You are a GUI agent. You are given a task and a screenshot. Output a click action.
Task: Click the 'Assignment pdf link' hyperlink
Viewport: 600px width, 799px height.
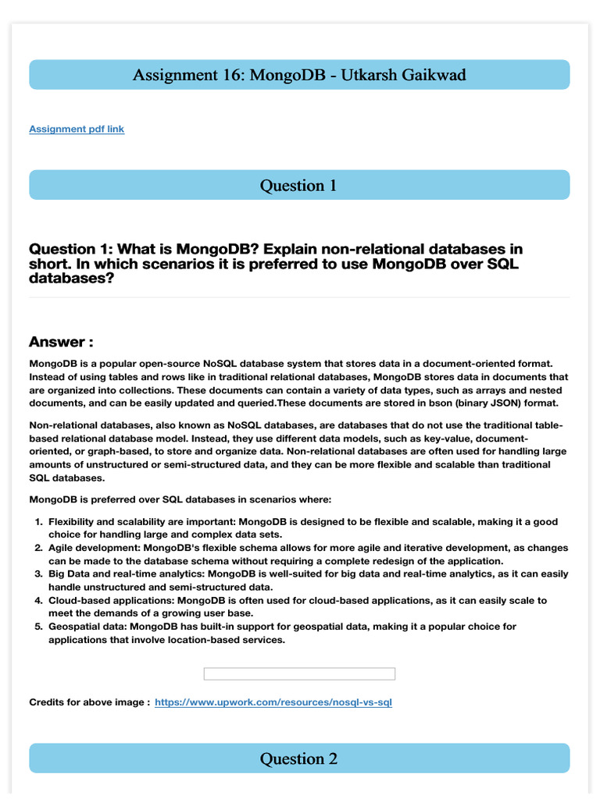[77, 129]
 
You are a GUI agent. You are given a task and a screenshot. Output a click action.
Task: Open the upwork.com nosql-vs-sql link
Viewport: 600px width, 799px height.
[273, 702]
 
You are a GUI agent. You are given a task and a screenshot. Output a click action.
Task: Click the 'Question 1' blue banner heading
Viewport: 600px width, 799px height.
[298, 185]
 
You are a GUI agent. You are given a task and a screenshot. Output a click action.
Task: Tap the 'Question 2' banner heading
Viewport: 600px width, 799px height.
[298, 758]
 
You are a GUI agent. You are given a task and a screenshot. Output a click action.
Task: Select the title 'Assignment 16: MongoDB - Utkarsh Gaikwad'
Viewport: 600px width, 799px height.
[298, 75]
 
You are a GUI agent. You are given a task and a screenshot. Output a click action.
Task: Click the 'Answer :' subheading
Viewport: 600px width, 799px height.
[62, 342]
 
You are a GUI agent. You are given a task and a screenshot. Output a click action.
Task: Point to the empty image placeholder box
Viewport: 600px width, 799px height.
[299, 673]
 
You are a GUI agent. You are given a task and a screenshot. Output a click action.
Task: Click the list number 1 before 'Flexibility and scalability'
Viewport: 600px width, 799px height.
[38, 521]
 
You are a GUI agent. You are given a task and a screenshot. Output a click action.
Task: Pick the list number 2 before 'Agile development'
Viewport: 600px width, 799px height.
[38, 548]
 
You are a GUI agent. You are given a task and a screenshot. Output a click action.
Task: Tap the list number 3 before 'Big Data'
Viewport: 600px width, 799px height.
[38, 574]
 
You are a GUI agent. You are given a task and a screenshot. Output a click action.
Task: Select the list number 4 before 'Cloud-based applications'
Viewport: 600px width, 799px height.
[38, 600]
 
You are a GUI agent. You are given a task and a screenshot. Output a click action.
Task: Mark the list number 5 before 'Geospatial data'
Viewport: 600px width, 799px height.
[38, 627]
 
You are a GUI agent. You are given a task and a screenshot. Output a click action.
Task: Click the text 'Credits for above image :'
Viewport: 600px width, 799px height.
[89, 702]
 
